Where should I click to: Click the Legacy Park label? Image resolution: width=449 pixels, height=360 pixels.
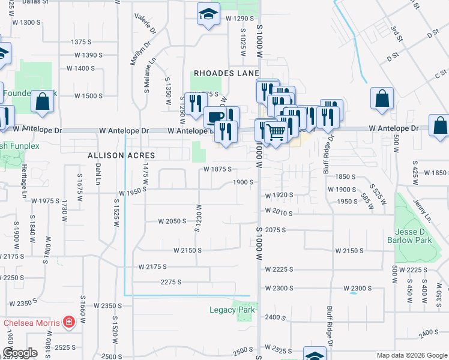[232, 310]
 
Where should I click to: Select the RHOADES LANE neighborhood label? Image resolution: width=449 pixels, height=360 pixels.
[226, 73]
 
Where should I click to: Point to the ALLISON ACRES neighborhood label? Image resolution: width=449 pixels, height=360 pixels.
[121, 155]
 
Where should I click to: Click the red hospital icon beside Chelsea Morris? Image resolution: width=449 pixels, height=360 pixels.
[70, 323]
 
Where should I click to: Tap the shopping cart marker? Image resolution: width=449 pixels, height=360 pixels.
[276, 131]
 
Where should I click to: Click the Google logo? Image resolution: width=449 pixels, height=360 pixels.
[20, 352]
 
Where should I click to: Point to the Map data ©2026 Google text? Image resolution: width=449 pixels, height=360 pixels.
[411, 355]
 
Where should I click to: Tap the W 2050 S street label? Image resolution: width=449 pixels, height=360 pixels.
[173, 221]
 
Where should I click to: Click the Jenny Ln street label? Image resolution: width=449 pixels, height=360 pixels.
[421, 208]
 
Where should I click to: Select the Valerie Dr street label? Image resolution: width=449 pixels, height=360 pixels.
[146, 23]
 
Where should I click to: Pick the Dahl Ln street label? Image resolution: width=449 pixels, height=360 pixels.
[98, 174]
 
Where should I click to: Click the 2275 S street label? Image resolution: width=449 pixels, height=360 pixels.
[171, 281]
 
